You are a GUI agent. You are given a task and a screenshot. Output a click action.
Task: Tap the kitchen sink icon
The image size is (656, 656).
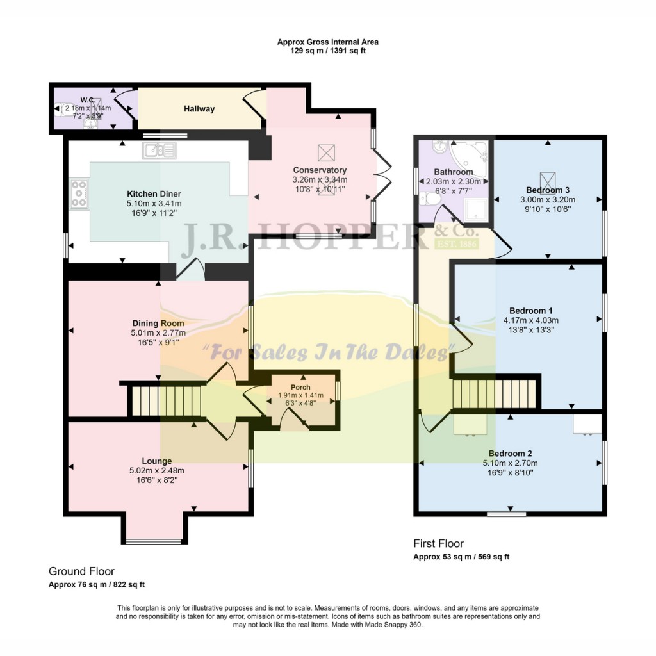159,151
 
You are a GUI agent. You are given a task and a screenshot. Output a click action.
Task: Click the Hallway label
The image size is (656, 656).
199,109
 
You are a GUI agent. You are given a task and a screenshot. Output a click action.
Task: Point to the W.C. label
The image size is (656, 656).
88,100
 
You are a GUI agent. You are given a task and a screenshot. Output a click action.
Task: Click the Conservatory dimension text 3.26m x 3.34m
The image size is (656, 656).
320,180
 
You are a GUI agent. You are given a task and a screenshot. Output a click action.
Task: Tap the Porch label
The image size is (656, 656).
300,387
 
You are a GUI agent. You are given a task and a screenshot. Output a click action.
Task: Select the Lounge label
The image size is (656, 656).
157,461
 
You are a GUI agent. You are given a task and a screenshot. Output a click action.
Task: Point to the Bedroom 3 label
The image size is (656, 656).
548,190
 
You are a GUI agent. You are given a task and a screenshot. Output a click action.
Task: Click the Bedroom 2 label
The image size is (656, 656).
509,453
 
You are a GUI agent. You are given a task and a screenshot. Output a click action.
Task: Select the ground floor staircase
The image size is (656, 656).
166,400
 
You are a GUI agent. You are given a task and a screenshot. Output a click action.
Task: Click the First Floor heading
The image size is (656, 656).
438,544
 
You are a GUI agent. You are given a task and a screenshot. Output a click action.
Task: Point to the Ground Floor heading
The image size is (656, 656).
81,571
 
